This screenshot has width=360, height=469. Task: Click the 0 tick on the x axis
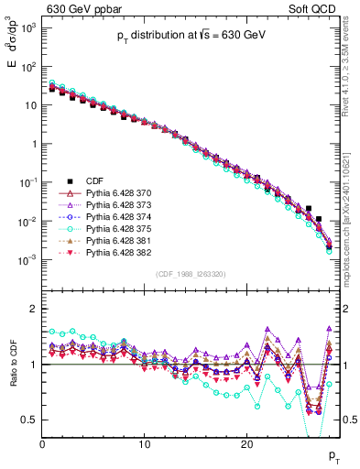pos(42,443)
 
